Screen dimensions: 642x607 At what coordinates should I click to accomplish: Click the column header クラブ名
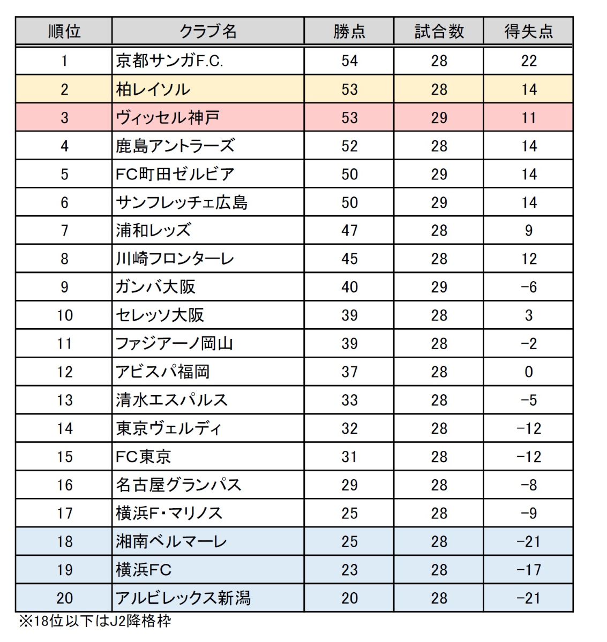208,32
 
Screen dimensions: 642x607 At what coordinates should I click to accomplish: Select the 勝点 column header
349,32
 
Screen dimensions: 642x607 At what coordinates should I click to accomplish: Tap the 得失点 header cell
528,32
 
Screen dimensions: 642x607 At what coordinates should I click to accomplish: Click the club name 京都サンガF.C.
169,61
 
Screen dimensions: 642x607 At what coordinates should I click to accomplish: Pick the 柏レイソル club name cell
153,89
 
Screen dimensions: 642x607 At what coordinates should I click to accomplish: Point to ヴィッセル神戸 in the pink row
168,117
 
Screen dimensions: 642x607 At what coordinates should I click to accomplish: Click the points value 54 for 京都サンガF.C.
349,61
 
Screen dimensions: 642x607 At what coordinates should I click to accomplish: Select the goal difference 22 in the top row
528,61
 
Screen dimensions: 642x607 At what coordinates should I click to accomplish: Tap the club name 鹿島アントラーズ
175,146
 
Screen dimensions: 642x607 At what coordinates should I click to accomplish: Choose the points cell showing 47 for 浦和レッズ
349,230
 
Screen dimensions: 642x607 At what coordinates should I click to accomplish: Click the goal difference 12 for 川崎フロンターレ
528,259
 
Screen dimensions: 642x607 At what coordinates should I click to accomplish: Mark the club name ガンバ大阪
155,287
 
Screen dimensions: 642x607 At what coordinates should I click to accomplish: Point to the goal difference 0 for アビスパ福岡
528,372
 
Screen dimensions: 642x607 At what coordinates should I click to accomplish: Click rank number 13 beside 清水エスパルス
64,400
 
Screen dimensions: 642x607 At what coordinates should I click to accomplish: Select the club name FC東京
144,457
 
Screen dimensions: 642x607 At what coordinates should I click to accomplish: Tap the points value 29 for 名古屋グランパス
349,485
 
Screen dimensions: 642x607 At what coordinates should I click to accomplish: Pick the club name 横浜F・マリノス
169,513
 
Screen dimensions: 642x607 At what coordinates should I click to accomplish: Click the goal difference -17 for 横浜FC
528,570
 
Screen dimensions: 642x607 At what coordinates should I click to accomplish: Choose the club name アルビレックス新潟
183,598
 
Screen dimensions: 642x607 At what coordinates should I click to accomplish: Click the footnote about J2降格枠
95,621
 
